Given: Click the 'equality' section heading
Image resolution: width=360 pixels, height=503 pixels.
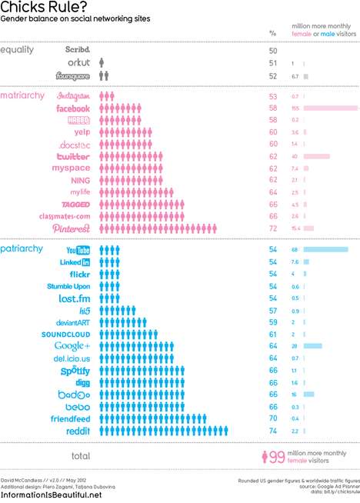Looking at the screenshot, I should (18, 50).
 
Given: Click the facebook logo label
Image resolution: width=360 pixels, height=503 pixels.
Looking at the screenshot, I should (73, 109).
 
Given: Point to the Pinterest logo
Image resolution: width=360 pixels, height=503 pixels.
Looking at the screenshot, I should (72, 228).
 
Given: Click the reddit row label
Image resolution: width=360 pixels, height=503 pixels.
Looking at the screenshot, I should (78, 431).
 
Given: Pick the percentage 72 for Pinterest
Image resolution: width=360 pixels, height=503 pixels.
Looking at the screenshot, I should (272, 229).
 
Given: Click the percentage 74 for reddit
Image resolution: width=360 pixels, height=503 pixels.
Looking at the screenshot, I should (272, 431).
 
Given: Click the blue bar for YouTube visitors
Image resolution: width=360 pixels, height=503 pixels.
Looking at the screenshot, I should (325, 250).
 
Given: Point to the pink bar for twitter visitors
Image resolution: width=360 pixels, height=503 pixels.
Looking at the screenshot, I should (317, 156).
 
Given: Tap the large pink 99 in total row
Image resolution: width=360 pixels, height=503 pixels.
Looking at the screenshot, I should (275, 457).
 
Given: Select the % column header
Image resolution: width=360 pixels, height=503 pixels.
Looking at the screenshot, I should (272, 33).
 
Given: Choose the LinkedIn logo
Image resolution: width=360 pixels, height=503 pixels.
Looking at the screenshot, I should (75, 262).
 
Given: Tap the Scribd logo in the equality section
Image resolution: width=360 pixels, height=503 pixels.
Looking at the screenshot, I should (78, 50).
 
